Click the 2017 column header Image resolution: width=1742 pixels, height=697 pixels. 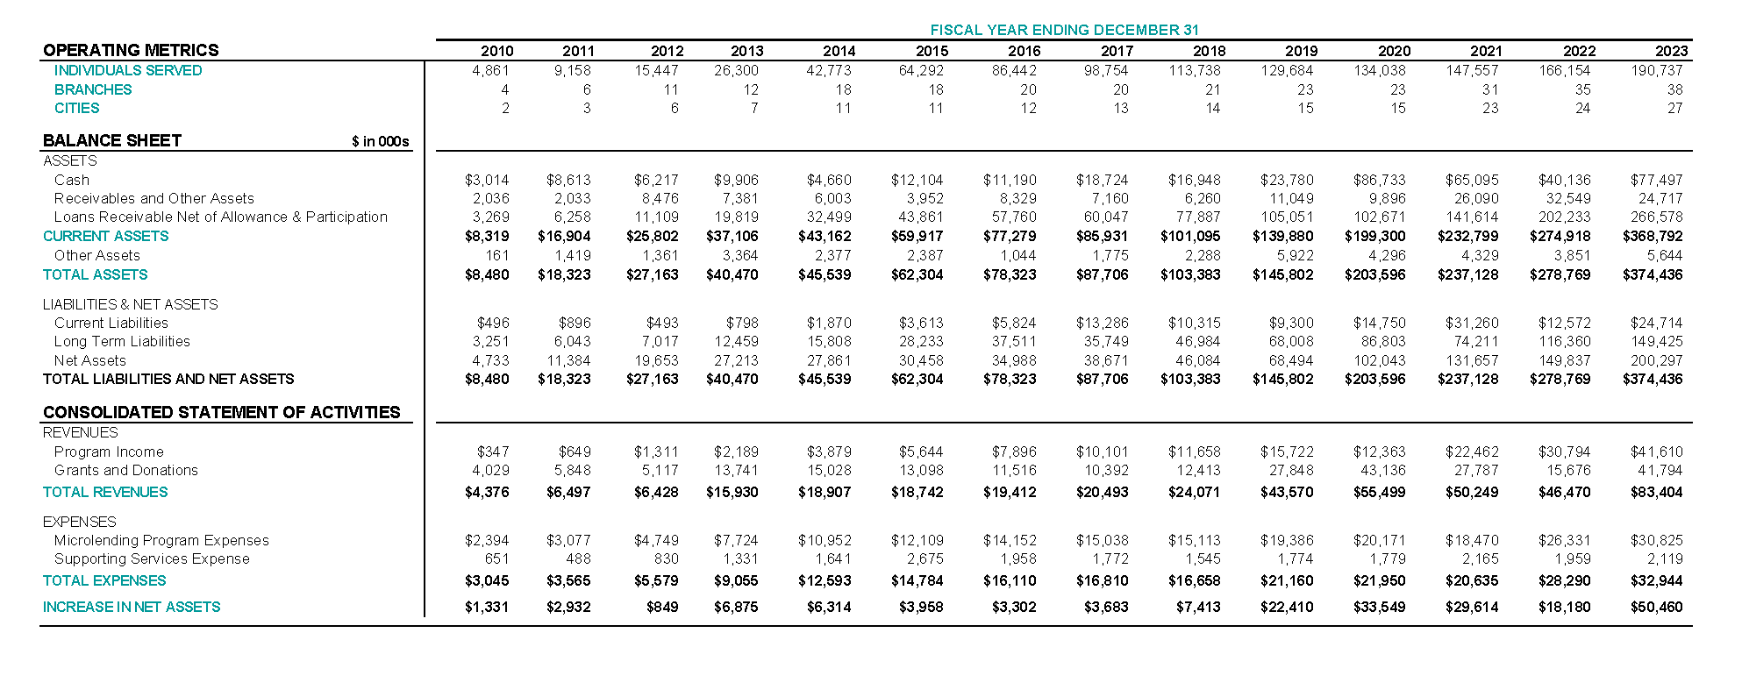pyautogui.click(x=1117, y=51)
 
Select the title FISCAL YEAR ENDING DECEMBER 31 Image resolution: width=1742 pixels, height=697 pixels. pyautogui.click(x=1064, y=30)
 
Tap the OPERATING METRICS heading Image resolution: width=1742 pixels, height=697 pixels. pyautogui.click(x=131, y=50)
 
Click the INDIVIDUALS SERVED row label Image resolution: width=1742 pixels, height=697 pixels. pyautogui.click(x=128, y=70)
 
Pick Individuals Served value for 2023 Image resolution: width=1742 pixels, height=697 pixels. pyautogui.click(x=1656, y=70)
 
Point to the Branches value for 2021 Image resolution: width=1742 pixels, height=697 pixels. pyautogui.click(x=1490, y=89)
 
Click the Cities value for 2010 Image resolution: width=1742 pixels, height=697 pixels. pyautogui.click(x=505, y=108)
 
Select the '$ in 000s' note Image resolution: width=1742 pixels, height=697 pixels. pyautogui.click(x=380, y=141)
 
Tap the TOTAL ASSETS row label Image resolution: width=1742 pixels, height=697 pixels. pyautogui.click(x=96, y=274)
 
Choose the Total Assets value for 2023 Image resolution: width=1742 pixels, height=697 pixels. pyautogui.click(x=1653, y=274)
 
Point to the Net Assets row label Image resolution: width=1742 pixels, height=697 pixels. pyautogui.click(x=90, y=360)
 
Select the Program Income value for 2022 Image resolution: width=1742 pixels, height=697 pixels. pyautogui.click(x=1564, y=452)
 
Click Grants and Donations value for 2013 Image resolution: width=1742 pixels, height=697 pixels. pyautogui.click(x=736, y=470)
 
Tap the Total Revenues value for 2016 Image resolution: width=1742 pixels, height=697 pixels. pyautogui.click(x=1010, y=492)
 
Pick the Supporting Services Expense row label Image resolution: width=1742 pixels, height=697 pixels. pyautogui.click(x=152, y=558)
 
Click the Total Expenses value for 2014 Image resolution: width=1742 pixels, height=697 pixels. pyautogui.click(x=825, y=580)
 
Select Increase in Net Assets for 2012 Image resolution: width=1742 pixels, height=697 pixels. pyautogui.click(x=661, y=607)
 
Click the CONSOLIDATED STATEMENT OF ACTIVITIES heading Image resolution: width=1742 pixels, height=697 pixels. pyautogui.click(x=222, y=412)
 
